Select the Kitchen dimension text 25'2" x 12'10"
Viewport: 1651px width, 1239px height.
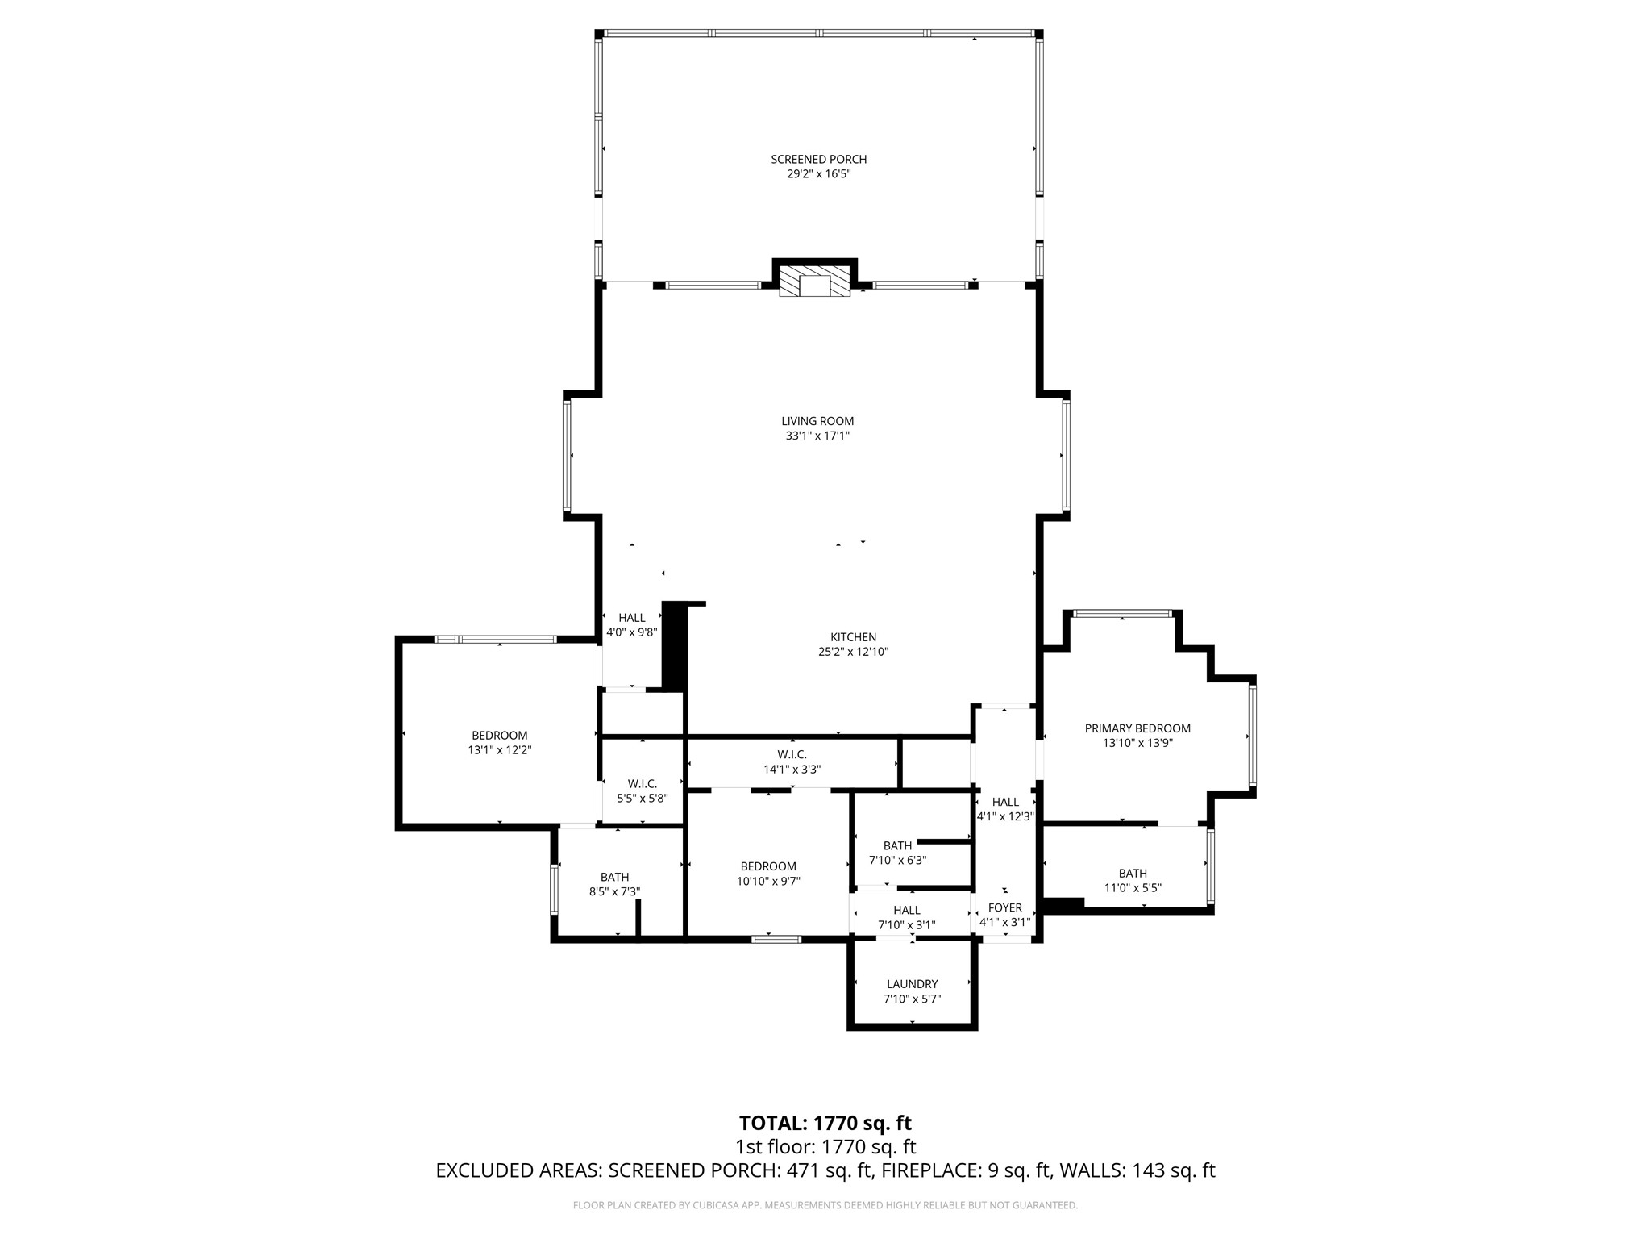pyautogui.click(x=853, y=652)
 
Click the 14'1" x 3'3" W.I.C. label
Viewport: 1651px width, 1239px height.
pyautogui.click(x=792, y=762)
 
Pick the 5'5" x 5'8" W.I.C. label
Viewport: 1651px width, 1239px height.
pyautogui.click(x=643, y=791)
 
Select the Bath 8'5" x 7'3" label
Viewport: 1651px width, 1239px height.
pyautogui.click(x=614, y=884)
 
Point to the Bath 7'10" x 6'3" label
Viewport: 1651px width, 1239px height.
pyautogui.click(x=897, y=853)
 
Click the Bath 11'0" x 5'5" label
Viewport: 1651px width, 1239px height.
pyautogui.click(x=1133, y=880)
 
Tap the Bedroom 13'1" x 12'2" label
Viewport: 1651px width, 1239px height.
pyautogui.click(x=500, y=742)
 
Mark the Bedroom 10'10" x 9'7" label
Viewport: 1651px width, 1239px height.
pyautogui.click(x=768, y=874)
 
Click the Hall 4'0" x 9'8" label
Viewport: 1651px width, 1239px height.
pyautogui.click(x=632, y=625)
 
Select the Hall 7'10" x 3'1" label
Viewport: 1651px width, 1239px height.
pyautogui.click(x=907, y=917)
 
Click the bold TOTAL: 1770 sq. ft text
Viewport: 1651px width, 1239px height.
pyautogui.click(x=825, y=1123)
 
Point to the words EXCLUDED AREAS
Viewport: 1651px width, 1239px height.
pyautogui.click(x=519, y=1170)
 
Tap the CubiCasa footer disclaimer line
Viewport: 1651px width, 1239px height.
pyautogui.click(x=825, y=1205)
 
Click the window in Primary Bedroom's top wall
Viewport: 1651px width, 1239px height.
pyautogui.click(x=1123, y=614)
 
